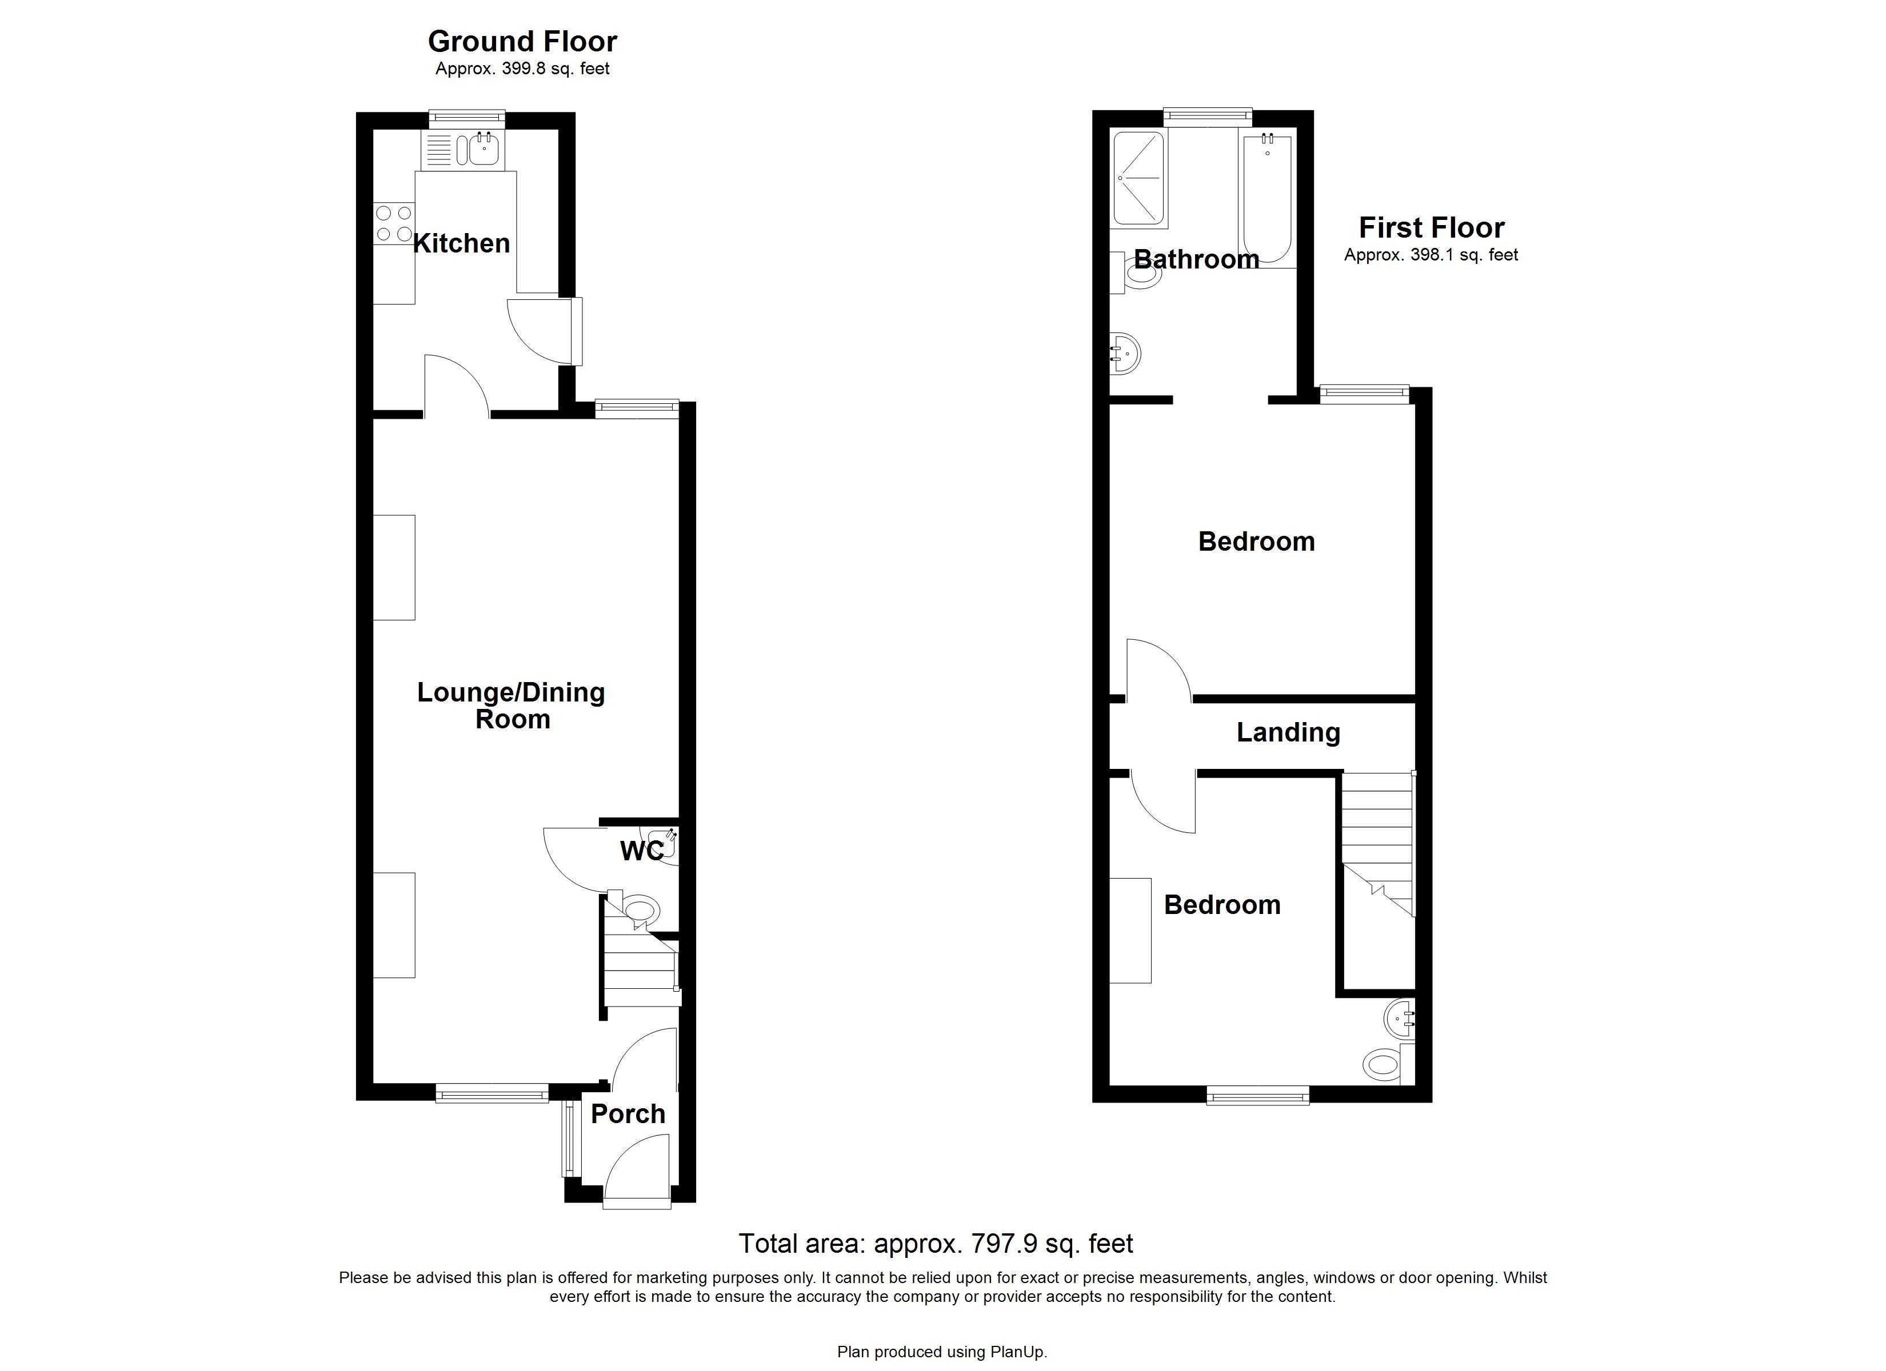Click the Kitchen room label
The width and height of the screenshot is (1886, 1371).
point(462,243)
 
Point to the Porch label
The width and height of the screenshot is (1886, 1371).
point(628,1114)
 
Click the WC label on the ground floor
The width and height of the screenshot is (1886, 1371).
point(642,851)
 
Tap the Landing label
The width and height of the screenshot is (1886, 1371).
point(1288,732)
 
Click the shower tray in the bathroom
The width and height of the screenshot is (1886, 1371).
point(1139,179)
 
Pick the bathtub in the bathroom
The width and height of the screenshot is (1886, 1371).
point(1266,199)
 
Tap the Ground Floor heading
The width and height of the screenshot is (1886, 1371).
point(522,42)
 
